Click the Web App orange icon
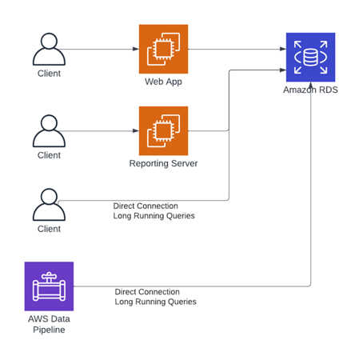click(x=163, y=49)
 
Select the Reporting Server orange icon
click(x=163, y=131)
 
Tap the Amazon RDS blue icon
click(x=310, y=58)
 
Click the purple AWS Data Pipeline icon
click(x=49, y=286)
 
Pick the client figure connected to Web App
click(x=49, y=50)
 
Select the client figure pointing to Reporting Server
click(x=49, y=131)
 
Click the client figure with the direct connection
click(x=49, y=205)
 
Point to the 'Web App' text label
click(x=163, y=82)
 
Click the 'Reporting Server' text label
click(x=163, y=163)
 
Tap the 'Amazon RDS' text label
click(x=310, y=90)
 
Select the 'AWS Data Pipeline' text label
click(x=49, y=324)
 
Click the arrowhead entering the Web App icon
click(x=136, y=49)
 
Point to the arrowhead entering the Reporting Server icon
click(x=136, y=131)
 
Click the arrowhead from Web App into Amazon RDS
click(x=283, y=49)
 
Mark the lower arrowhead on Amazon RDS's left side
click(x=283, y=70)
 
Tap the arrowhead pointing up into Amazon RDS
click(x=311, y=86)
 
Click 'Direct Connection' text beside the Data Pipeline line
click(x=147, y=292)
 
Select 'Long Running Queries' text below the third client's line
click(x=154, y=216)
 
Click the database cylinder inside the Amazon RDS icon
click(x=310, y=58)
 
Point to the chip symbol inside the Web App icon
click(x=163, y=49)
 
